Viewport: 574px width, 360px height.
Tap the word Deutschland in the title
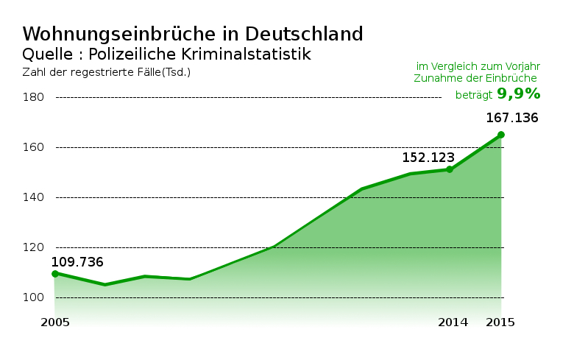tap(304, 34)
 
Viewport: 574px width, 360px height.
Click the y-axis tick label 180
tap(34, 97)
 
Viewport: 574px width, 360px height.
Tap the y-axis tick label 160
tap(34, 147)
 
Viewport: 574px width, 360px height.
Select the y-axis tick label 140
tap(34, 197)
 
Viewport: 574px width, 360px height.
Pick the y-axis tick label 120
tap(34, 247)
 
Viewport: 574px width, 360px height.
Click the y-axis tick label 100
tap(34, 297)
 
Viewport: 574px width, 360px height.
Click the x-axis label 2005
tap(54, 322)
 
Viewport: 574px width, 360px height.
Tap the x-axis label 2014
tap(453, 322)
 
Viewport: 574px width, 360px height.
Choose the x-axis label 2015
tap(500, 322)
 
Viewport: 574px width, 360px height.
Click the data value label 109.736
tap(77, 262)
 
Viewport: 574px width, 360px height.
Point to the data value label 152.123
tap(428, 158)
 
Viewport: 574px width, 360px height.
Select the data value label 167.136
tap(512, 118)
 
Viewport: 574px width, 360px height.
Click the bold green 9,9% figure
tap(519, 93)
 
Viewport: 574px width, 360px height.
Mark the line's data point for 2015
tap(501, 135)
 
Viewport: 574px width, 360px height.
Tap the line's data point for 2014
tap(450, 169)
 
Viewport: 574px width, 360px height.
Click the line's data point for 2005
tap(54, 274)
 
